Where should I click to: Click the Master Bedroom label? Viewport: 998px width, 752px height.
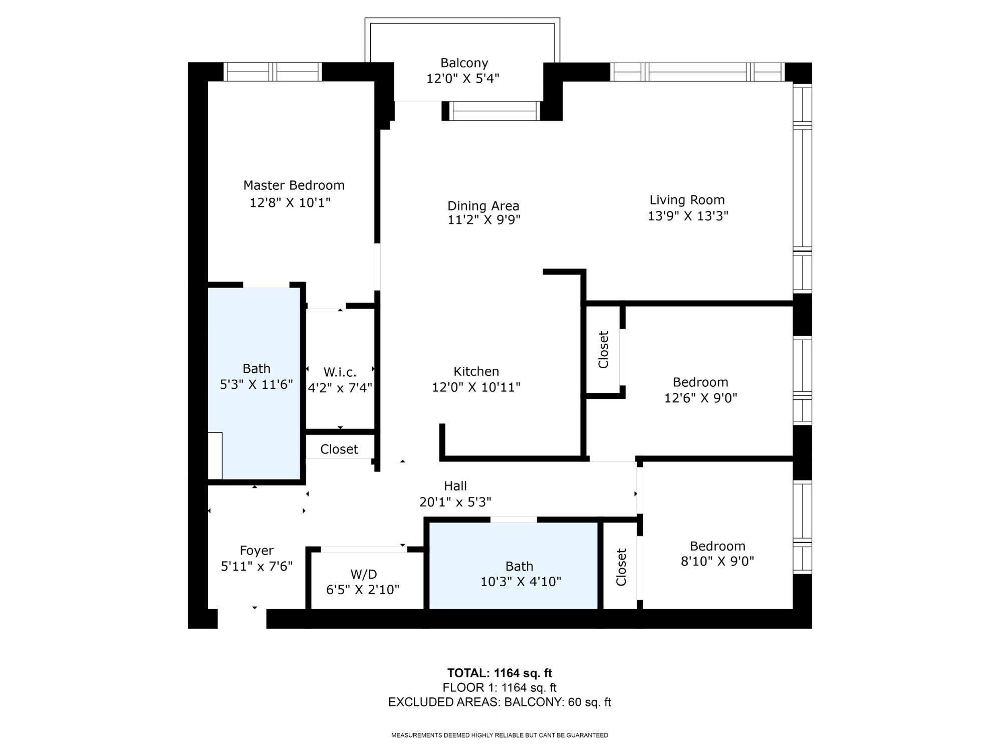294,185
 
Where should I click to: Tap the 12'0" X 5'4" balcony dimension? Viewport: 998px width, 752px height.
463,79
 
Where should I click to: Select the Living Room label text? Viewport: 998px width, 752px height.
686,200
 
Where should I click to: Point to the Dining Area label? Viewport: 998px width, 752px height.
482,206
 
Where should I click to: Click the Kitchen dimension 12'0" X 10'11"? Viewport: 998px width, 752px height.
475,387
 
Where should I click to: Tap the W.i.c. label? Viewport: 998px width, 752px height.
340,372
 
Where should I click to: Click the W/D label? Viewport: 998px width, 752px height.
363,574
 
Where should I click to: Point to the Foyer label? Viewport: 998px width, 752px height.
256,551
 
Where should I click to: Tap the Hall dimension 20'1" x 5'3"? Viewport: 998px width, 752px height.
455,502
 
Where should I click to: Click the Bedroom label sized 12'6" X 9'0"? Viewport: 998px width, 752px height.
700,382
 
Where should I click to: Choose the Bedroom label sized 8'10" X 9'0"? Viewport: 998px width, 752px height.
717,546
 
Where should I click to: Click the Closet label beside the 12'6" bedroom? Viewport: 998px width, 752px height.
603,349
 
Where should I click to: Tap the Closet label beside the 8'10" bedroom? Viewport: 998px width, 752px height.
621,567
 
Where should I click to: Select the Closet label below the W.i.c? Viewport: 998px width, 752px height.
339,449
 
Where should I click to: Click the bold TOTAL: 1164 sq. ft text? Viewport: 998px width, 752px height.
499,673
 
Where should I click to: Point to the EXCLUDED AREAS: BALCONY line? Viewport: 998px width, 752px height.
499,702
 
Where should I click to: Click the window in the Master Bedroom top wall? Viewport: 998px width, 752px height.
272,72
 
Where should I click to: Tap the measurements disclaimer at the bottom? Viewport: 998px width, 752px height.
499,735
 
